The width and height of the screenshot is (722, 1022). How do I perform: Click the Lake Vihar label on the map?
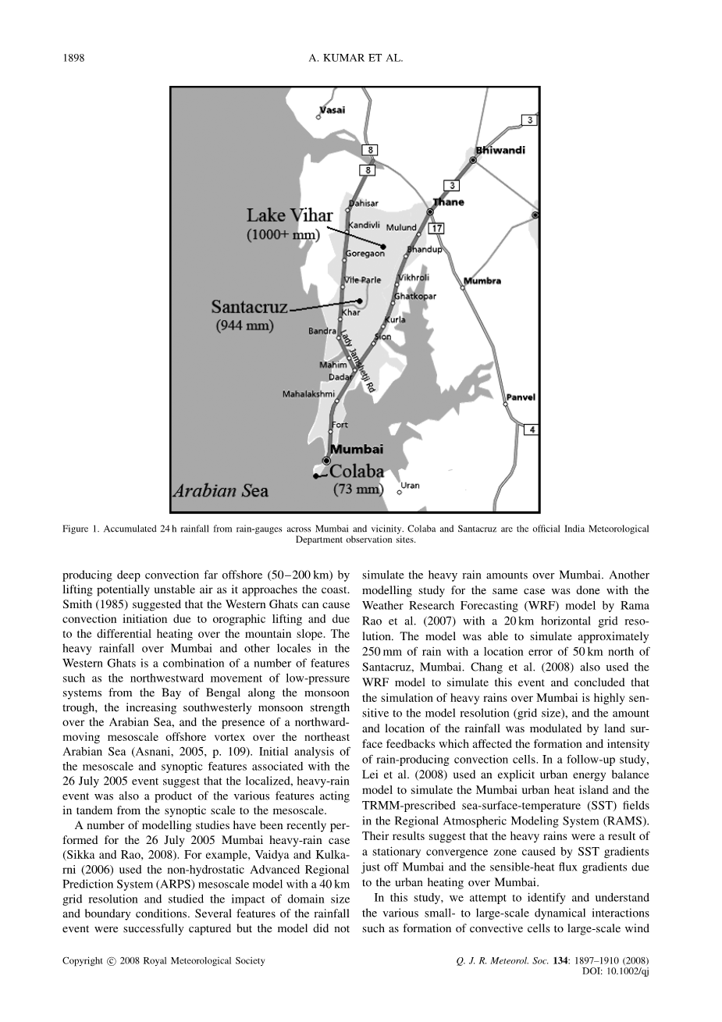click(x=290, y=215)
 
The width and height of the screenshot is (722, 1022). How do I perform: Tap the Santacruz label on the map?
click(x=250, y=307)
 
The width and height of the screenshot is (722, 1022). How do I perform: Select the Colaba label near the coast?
click(x=357, y=471)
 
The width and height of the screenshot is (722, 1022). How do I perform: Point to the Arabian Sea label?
click(x=220, y=491)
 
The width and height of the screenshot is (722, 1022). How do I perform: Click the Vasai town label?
click(x=333, y=110)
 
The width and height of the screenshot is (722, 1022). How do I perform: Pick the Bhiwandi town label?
click(x=500, y=150)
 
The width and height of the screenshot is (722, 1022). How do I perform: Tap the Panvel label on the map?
click(x=521, y=397)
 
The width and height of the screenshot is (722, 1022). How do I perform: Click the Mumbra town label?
click(x=482, y=281)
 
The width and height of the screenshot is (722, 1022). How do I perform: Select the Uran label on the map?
click(x=410, y=486)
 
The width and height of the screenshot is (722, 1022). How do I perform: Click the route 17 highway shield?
click(x=437, y=228)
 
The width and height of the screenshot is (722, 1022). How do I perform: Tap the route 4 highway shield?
click(x=531, y=429)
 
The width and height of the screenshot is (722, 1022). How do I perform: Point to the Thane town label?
click(x=448, y=202)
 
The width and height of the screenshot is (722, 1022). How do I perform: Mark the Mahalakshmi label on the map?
click(x=308, y=394)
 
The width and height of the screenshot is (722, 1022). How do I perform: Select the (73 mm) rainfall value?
click(x=358, y=490)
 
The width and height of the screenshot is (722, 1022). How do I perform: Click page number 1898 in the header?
click(x=73, y=59)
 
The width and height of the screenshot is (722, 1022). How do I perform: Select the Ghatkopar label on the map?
click(x=415, y=297)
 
